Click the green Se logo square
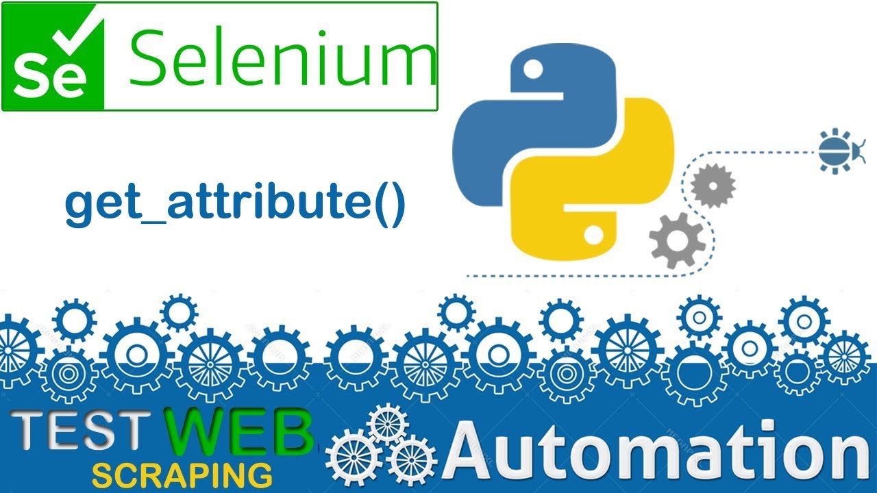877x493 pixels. click(x=53, y=56)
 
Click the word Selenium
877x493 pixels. click(x=281, y=56)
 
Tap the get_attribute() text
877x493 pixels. click(x=235, y=203)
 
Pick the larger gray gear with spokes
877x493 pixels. click(x=676, y=240)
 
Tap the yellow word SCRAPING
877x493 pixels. click(x=182, y=475)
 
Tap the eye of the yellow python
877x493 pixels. click(x=593, y=235)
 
